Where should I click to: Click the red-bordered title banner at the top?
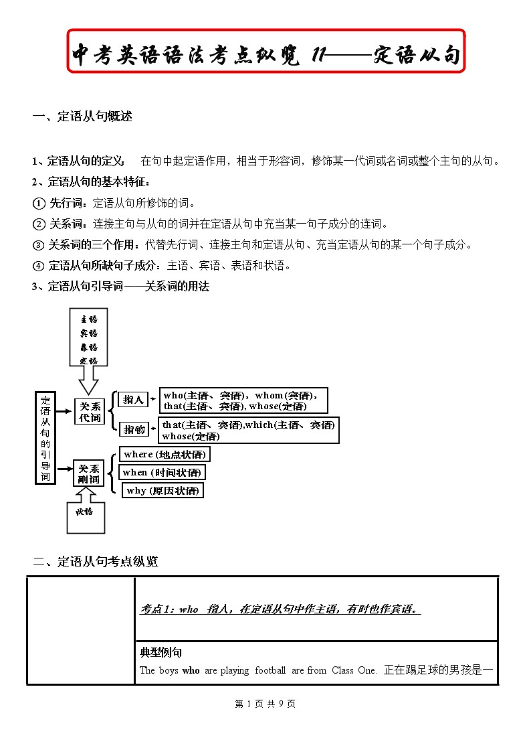[x=265, y=51]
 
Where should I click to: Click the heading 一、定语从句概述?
[x=82, y=117]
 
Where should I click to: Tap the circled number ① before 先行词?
[x=39, y=204]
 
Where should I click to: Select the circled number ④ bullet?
[x=39, y=266]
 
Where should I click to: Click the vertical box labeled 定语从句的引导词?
[x=45, y=437]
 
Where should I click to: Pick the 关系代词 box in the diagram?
[x=90, y=412]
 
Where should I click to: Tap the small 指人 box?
[x=133, y=400]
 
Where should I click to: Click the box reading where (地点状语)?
[x=165, y=455]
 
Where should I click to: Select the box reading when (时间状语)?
[x=162, y=473]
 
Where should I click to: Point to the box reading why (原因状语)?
[x=163, y=491]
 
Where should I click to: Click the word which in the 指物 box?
[x=259, y=425]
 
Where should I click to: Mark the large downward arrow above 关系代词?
[x=89, y=382]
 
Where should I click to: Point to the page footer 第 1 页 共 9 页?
[x=265, y=704]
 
